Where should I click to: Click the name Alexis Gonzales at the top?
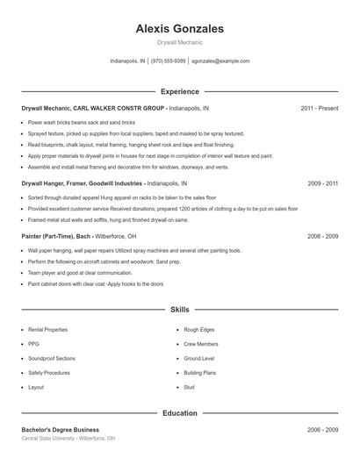pos(180,29)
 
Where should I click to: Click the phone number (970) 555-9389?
pos(169,61)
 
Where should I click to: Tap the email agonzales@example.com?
pos(220,61)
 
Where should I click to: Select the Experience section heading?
pos(180,91)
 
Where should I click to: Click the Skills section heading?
pos(180,310)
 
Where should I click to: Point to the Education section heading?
pos(180,412)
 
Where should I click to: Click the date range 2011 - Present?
pos(319,108)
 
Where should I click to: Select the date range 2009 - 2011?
pos(323,184)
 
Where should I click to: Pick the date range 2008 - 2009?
pos(323,237)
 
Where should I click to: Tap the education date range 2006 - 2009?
pos(323,430)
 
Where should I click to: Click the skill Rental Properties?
pos(47,329)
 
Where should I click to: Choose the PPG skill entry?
pos(33,344)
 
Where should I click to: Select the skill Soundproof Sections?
pos(51,358)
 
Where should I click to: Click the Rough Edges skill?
pos(199,329)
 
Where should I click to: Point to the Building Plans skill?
pos(201,373)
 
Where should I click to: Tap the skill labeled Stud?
pos(190,387)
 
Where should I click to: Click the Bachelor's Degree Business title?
pos(61,430)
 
